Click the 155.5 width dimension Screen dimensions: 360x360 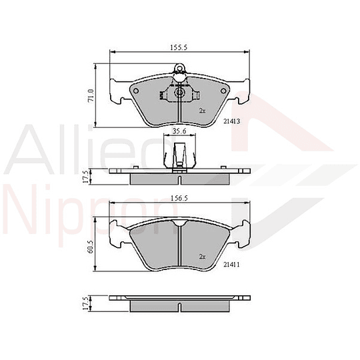pos(179,47)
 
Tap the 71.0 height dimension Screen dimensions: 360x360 pos(91,95)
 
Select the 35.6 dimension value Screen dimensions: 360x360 pos(179,131)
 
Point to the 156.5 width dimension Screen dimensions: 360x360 pos(179,198)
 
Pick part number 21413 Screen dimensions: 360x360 pos(232,121)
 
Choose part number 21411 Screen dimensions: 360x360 pos(231,265)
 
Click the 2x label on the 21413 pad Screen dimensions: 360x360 pos(202,111)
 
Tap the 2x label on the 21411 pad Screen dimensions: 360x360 pos(202,257)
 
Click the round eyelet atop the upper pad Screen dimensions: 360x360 pos(179,69)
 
